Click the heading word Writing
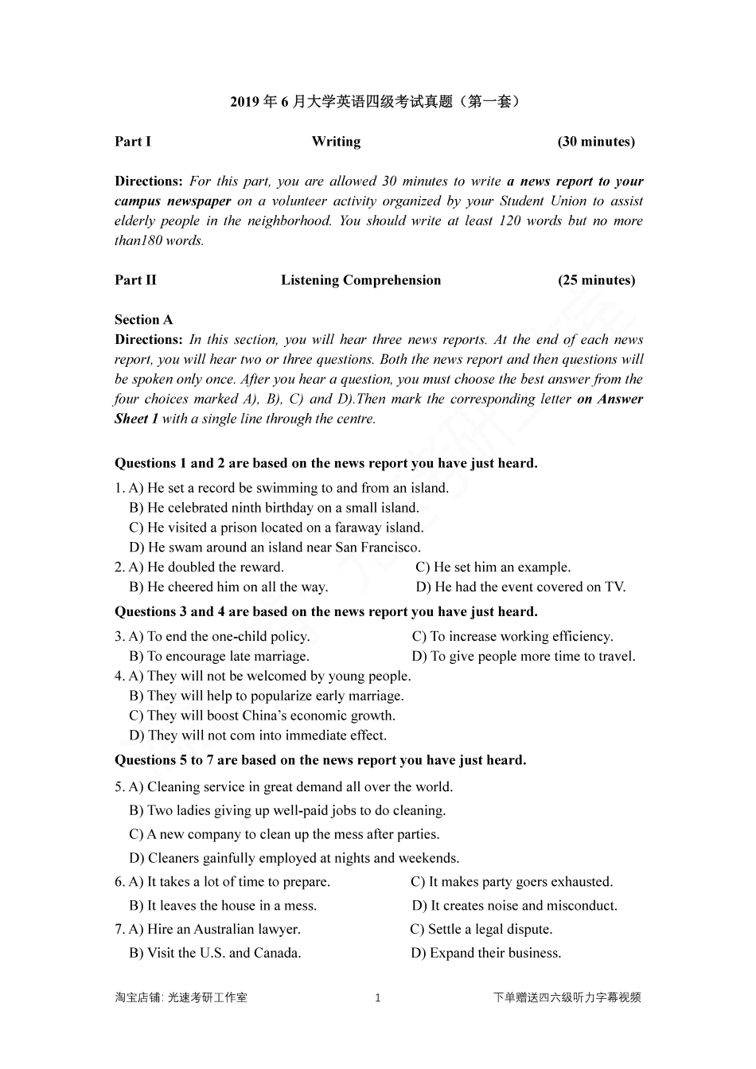tap(336, 142)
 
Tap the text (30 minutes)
tap(596, 142)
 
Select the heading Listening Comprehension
tap(360, 280)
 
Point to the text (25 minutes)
tap(596, 280)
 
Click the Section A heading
tap(143, 320)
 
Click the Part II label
tap(135, 280)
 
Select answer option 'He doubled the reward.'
tap(206, 568)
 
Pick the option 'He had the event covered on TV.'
tap(521, 587)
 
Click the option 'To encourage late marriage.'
tap(220, 657)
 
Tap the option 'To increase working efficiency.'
tap(513, 637)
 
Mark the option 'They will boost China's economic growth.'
tap(263, 716)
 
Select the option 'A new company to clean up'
tap(284, 834)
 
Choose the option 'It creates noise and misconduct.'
tap(515, 906)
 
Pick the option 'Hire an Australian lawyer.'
tap(215, 930)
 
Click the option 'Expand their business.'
tap(486, 954)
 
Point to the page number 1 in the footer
tap(378, 998)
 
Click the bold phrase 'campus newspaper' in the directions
tap(173, 201)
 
